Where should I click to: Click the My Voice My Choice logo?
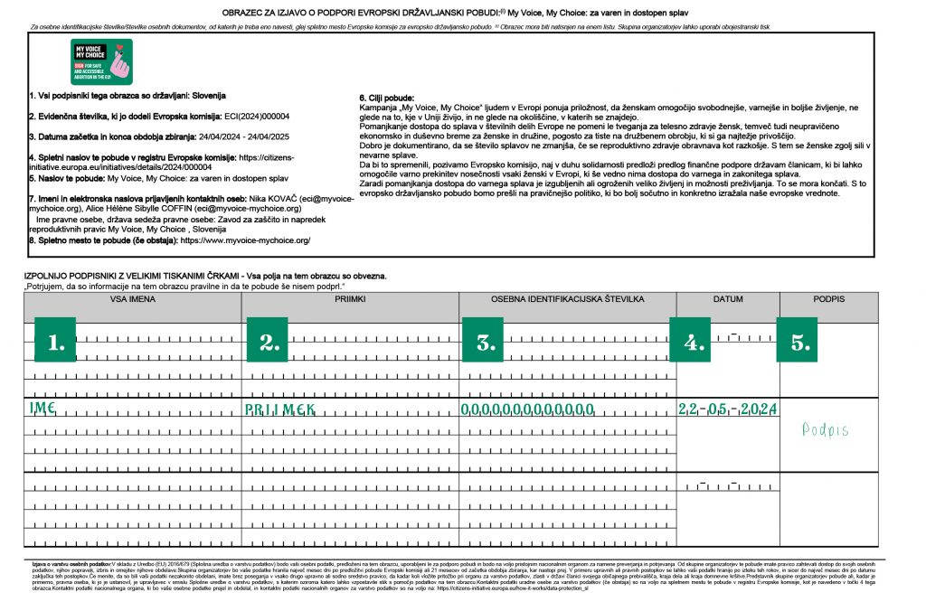[101, 61]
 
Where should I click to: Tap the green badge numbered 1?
[57, 341]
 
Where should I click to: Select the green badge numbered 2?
[267, 341]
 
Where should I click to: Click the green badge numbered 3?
[485, 341]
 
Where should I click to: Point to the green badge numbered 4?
[693, 341]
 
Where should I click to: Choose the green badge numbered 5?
[799, 341]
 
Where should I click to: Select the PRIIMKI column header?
[350, 298]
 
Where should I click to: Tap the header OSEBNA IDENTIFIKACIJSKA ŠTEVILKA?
[567, 298]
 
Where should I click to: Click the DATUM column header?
[727, 298]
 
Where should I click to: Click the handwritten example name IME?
[43, 409]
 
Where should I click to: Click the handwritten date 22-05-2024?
[727, 409]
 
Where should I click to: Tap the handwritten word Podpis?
[826, 430]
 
